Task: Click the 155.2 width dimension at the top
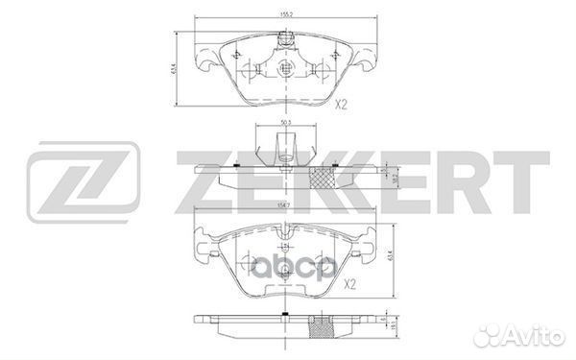[285, 16]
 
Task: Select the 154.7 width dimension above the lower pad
[285, 221]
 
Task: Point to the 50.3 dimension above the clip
[284, 124]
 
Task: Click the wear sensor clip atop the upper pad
[284, 40]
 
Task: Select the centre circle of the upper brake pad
[284, 70]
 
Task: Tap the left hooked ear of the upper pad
[204, 63]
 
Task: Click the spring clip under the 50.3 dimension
[284, 147]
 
